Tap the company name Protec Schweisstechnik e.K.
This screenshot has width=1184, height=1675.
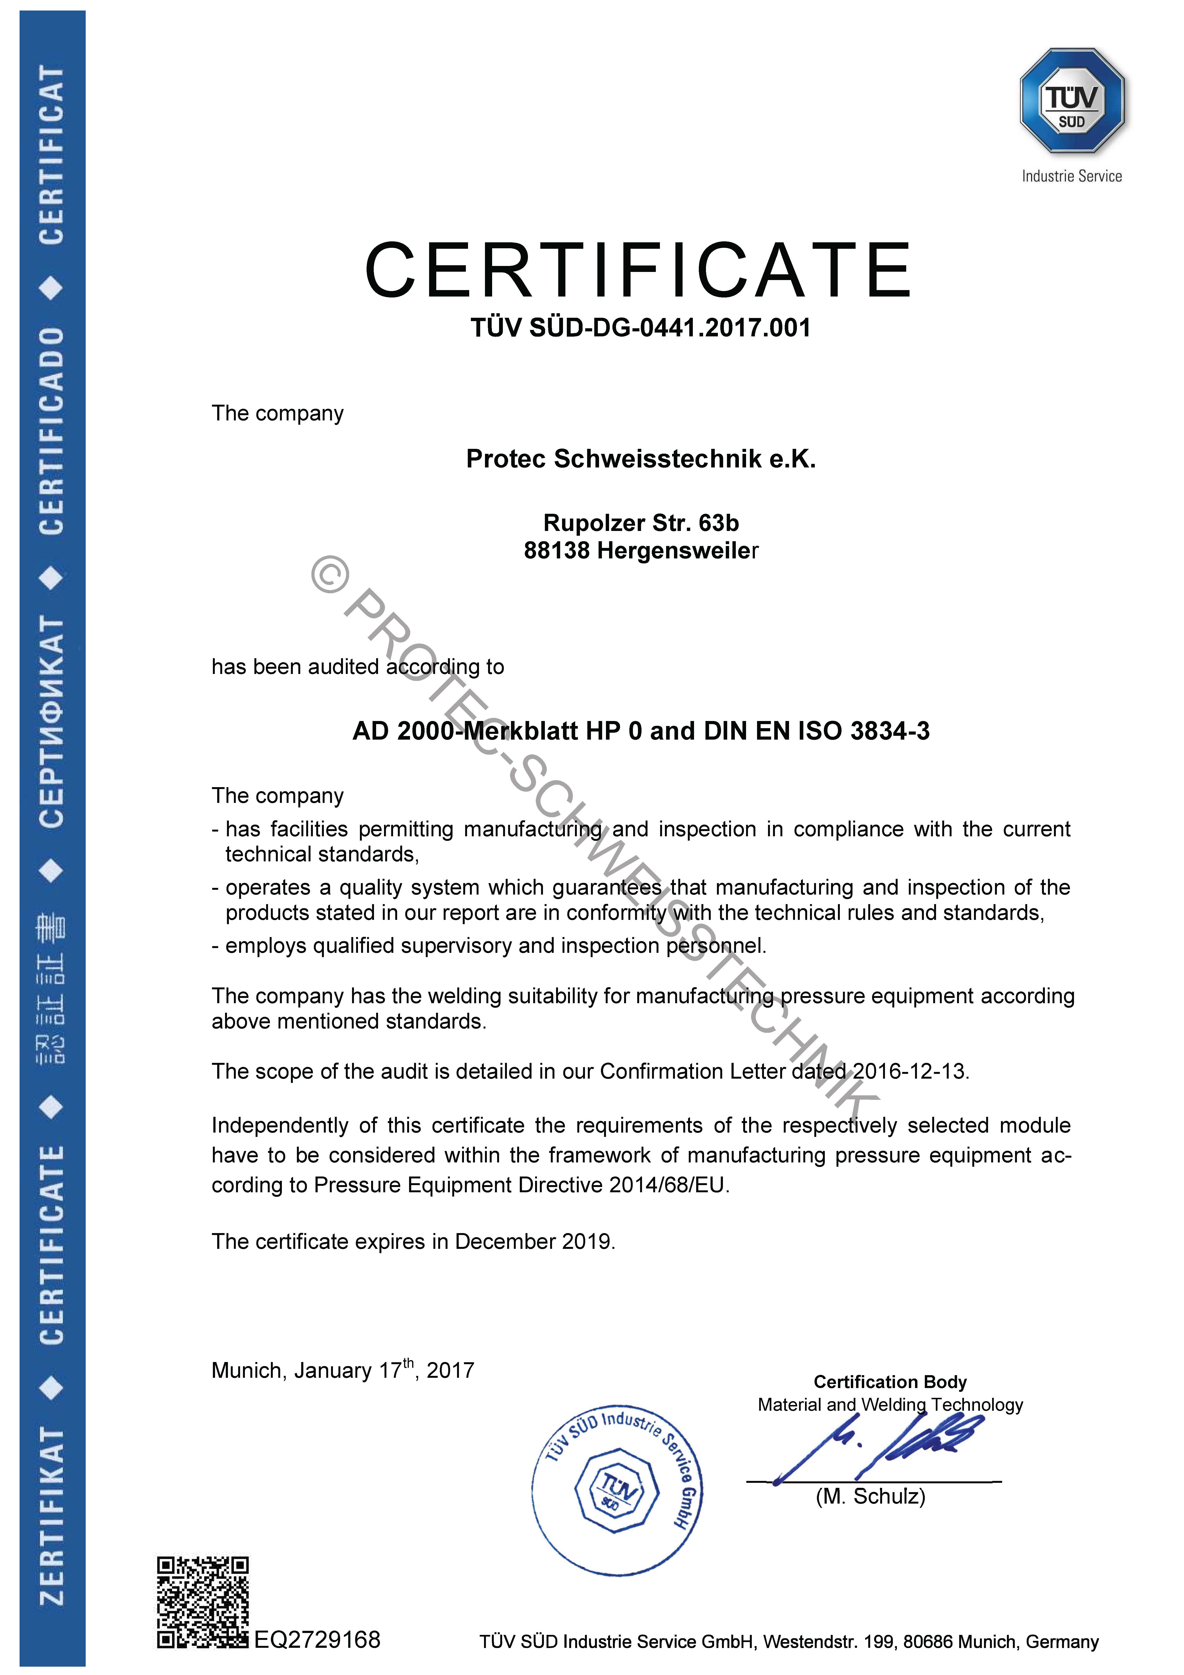(x=641, y=459)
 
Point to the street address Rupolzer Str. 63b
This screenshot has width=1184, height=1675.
(x=641, y=523)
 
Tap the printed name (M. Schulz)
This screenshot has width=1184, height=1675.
(x=870, y=1497)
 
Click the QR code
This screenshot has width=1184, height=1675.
(x=203, y=1603)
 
